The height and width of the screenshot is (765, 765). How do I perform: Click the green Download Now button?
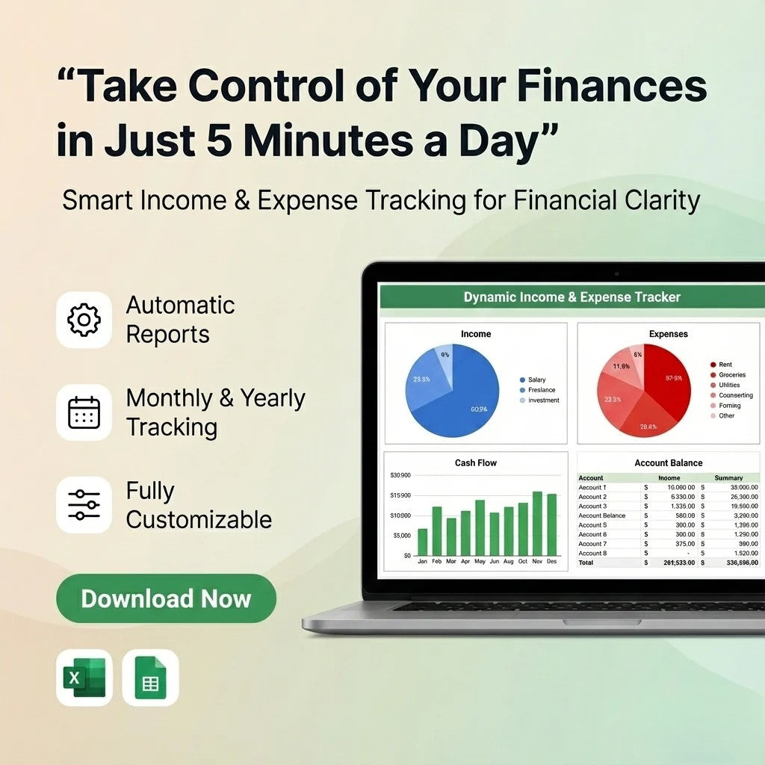tap(166, 598)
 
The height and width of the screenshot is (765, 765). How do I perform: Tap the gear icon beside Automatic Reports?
tap(84, 320)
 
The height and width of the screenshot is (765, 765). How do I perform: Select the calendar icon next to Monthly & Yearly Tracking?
tap(84, 412)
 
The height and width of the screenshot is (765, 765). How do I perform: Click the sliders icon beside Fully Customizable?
tap(84, 504)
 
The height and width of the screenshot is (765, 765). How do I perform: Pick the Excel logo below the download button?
tap(84, 678)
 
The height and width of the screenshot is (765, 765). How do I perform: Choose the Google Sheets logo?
tap(151, 678)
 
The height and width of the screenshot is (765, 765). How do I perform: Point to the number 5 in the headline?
tap(219, 142)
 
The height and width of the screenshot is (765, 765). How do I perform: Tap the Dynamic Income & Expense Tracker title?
tap(572, 297)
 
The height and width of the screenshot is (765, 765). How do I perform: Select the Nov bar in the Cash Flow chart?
tap(537, 523)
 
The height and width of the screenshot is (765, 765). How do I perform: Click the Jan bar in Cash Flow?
tap(423, 542)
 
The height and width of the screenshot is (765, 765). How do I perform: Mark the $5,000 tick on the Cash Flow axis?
tap(401, 536)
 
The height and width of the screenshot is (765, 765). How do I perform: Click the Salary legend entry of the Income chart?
tap(536, 380)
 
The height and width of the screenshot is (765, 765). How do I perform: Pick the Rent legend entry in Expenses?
tap(725, 365)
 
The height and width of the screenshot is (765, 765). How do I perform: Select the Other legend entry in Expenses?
tap(726, 416)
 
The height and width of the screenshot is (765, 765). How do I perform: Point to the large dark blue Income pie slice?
tap(467, 396)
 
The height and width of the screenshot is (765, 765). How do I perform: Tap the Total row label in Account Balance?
tap(586, 563)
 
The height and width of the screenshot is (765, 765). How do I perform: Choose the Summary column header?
tap(728, 478)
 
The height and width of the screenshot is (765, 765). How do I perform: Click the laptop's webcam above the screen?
tap(616, 273)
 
